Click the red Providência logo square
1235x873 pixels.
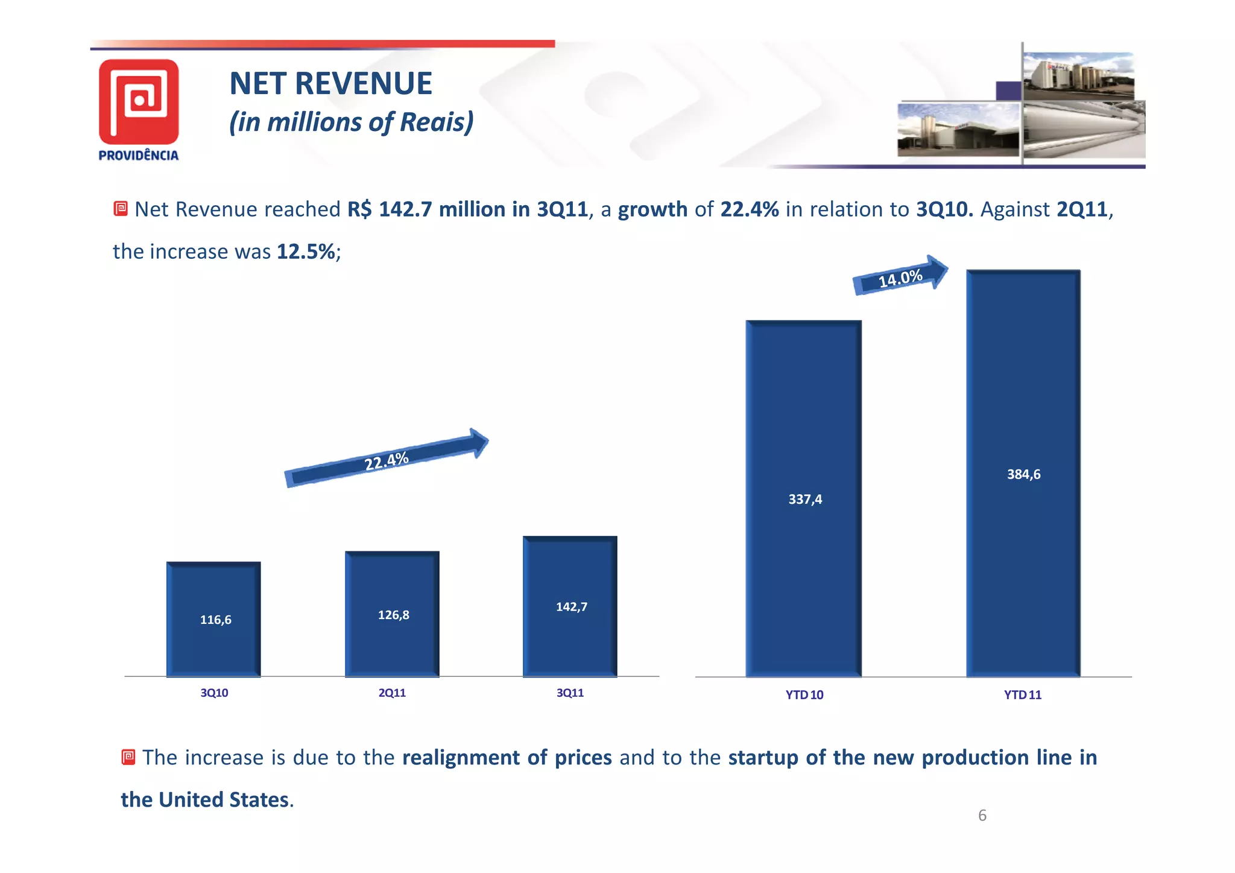[139, 101]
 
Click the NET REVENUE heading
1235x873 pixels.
[330, 83]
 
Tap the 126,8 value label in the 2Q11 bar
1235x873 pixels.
[393, 615]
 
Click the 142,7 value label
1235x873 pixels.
[571, 607]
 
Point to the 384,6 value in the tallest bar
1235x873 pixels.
[1023, 474]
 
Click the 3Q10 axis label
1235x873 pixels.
[214, 693]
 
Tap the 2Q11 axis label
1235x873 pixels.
[392, 693]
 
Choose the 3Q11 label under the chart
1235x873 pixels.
[570, 693]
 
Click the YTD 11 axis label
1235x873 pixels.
[1022, 695]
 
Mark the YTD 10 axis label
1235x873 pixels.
[804, 695]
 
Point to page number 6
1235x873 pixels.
[982, 816]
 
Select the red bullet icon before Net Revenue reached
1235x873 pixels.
[121, 209]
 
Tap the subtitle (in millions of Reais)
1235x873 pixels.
[351, 122]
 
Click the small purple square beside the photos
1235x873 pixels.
[1008, 90]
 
